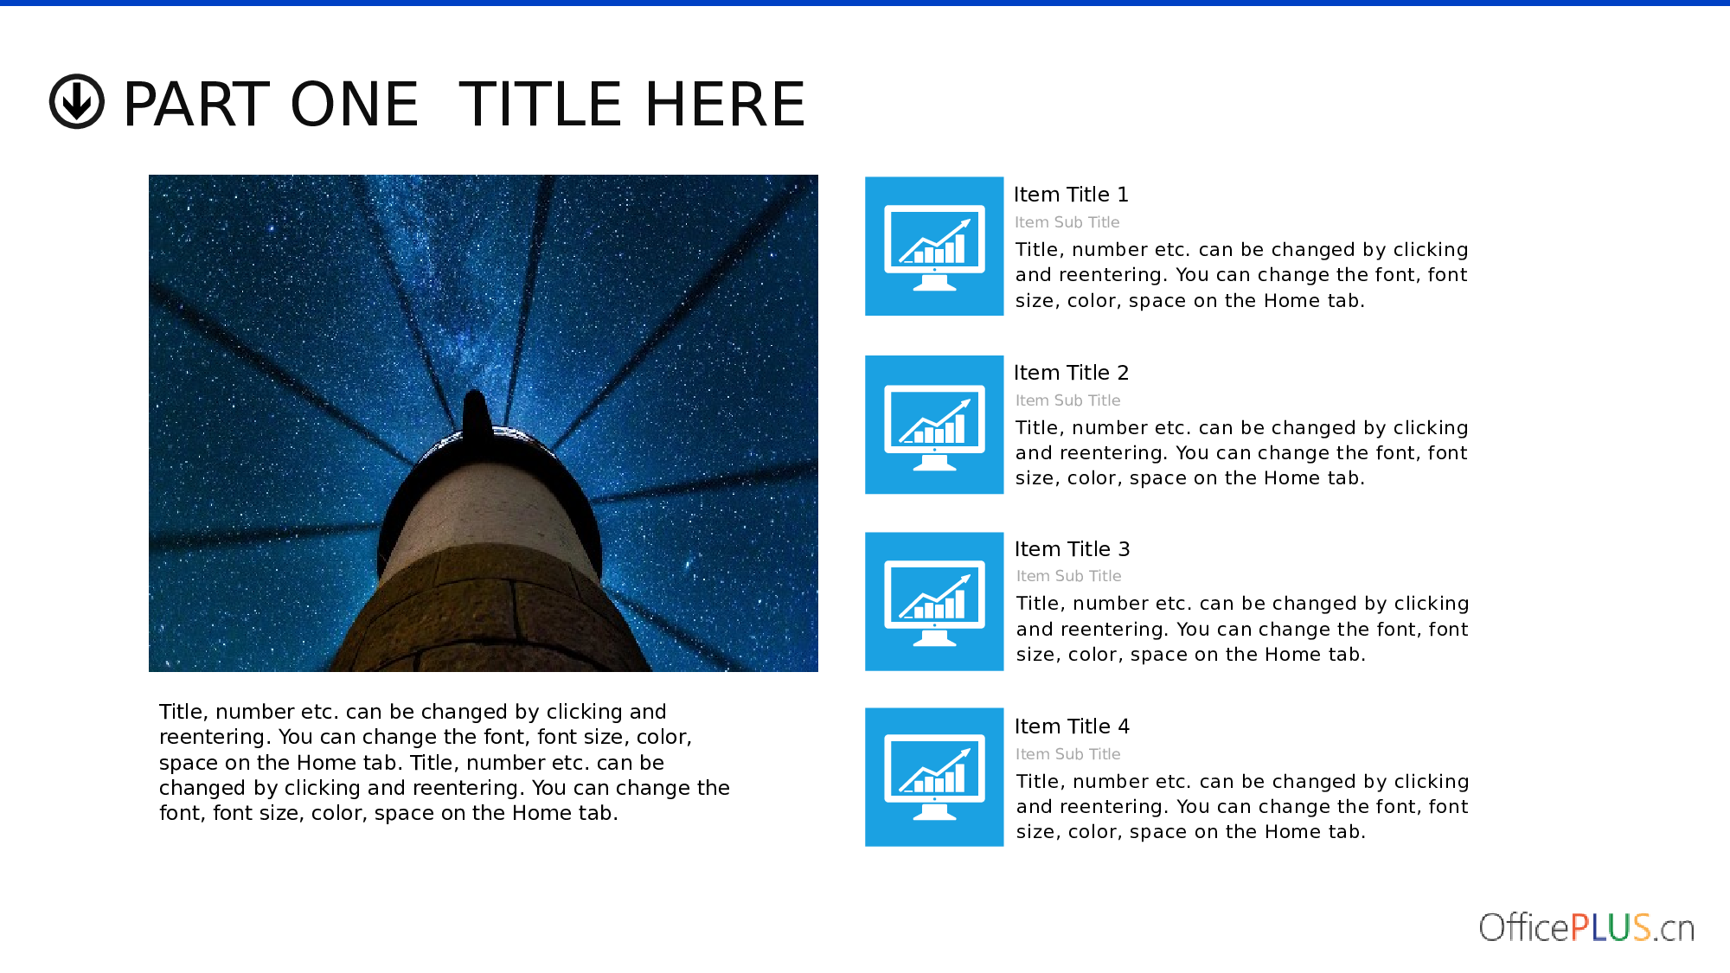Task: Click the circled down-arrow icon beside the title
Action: pyautogui.click(x=77, y=101)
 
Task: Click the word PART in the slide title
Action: pyautogui.click(x=197, y=104)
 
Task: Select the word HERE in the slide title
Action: pyautogui.click(x=725, y=104)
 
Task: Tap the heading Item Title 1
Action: pyautogui.click(x=1071, y=195)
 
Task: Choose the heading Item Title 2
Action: pyautogui.click(x=1071, y=373)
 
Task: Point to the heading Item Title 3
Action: pyautogui.click(x=1072, y=549)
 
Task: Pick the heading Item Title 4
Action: pyautogui.click(x=1072, y=727)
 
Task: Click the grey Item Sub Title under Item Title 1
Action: pyautogui.click(x=1067, y=222)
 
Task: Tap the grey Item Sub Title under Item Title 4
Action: pyautogui.click(x=1067, y=754)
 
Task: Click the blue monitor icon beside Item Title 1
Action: pyautogui.click(x=934, y=246)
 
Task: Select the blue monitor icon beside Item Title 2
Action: pyautogui.click(x=934, y=425)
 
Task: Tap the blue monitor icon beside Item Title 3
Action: pyautogui.click(x=934, y=601)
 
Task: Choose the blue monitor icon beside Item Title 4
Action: pyautogui.click(x=934, y=777)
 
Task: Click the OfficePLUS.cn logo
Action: pyautogui.click(x=1586, y=927)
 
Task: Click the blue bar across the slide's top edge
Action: pyautogui.click(x=865, y=3)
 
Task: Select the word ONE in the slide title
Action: pyautogui.click(x=355, y=104)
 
